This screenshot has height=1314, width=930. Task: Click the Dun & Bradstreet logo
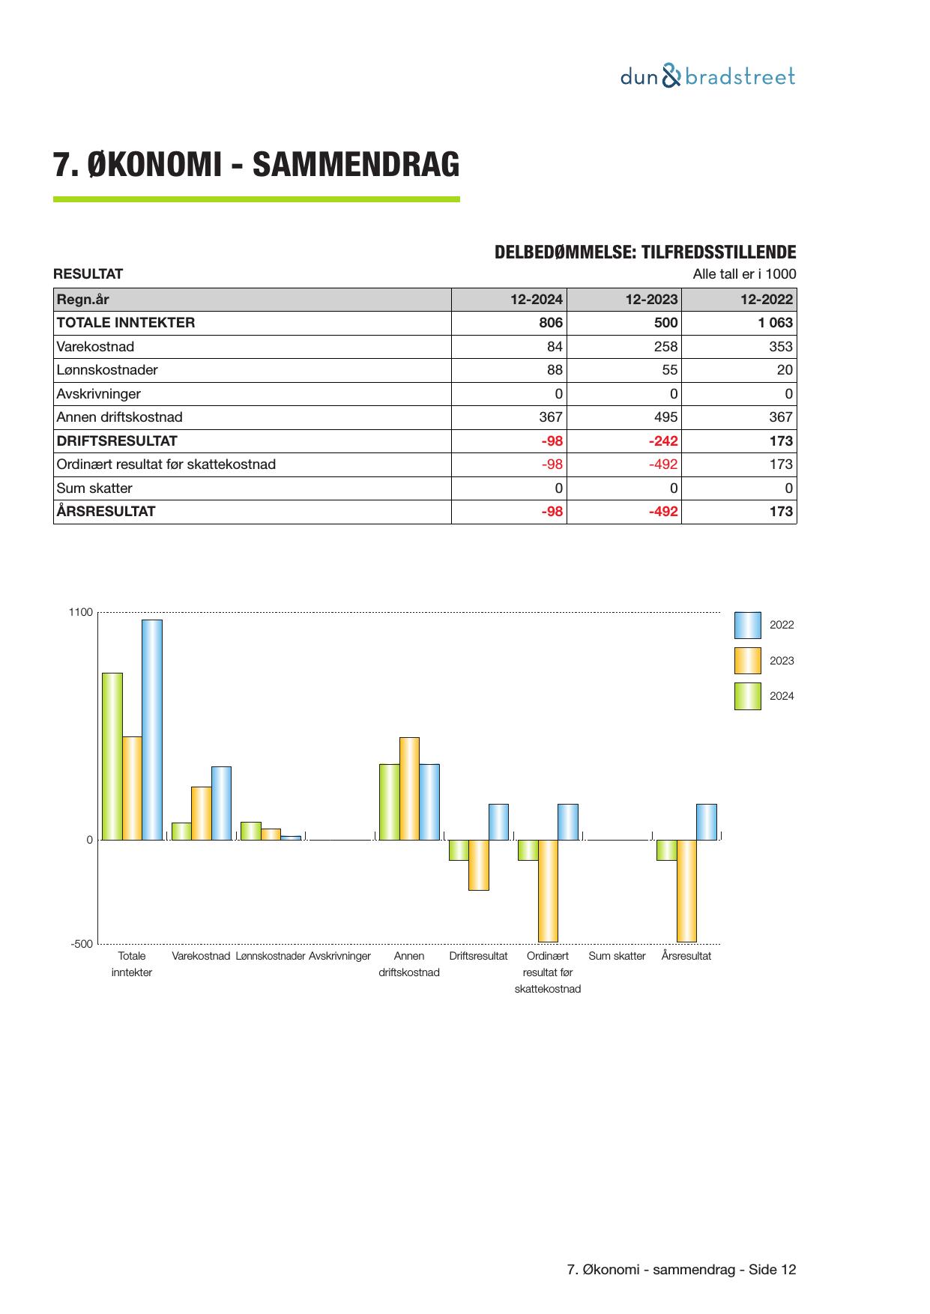(x=707, y=76)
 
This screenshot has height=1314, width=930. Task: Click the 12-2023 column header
(x=651, y=300)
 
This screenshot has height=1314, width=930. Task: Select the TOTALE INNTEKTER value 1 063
(x=775, y=323)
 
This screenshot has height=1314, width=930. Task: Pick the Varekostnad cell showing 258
(x=665, y=347)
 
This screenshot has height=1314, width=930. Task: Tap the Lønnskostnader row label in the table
(x=107, y=370)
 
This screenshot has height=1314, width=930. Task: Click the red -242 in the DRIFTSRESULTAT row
(x=663, y=440)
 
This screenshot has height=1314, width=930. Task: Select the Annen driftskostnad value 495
(x=665, y=417)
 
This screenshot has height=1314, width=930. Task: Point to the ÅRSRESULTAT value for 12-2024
(x=552, y=512)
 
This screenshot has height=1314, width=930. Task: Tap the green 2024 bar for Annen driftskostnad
(x=389, y=802)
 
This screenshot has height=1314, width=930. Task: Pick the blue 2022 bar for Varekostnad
(x=221, y=802)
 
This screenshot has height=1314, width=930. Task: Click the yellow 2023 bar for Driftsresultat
(x=479, y=865)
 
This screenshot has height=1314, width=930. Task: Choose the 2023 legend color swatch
(x=747, y=661)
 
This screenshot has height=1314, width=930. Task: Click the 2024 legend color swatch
(x=747, y=696)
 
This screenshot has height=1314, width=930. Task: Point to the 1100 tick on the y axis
(x=81, y=613)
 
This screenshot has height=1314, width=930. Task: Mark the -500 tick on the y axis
(x=82, y=944)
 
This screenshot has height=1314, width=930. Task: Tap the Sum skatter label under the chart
(x=617, y=956)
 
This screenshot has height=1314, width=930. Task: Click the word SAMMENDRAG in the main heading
(x=356, y=165)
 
